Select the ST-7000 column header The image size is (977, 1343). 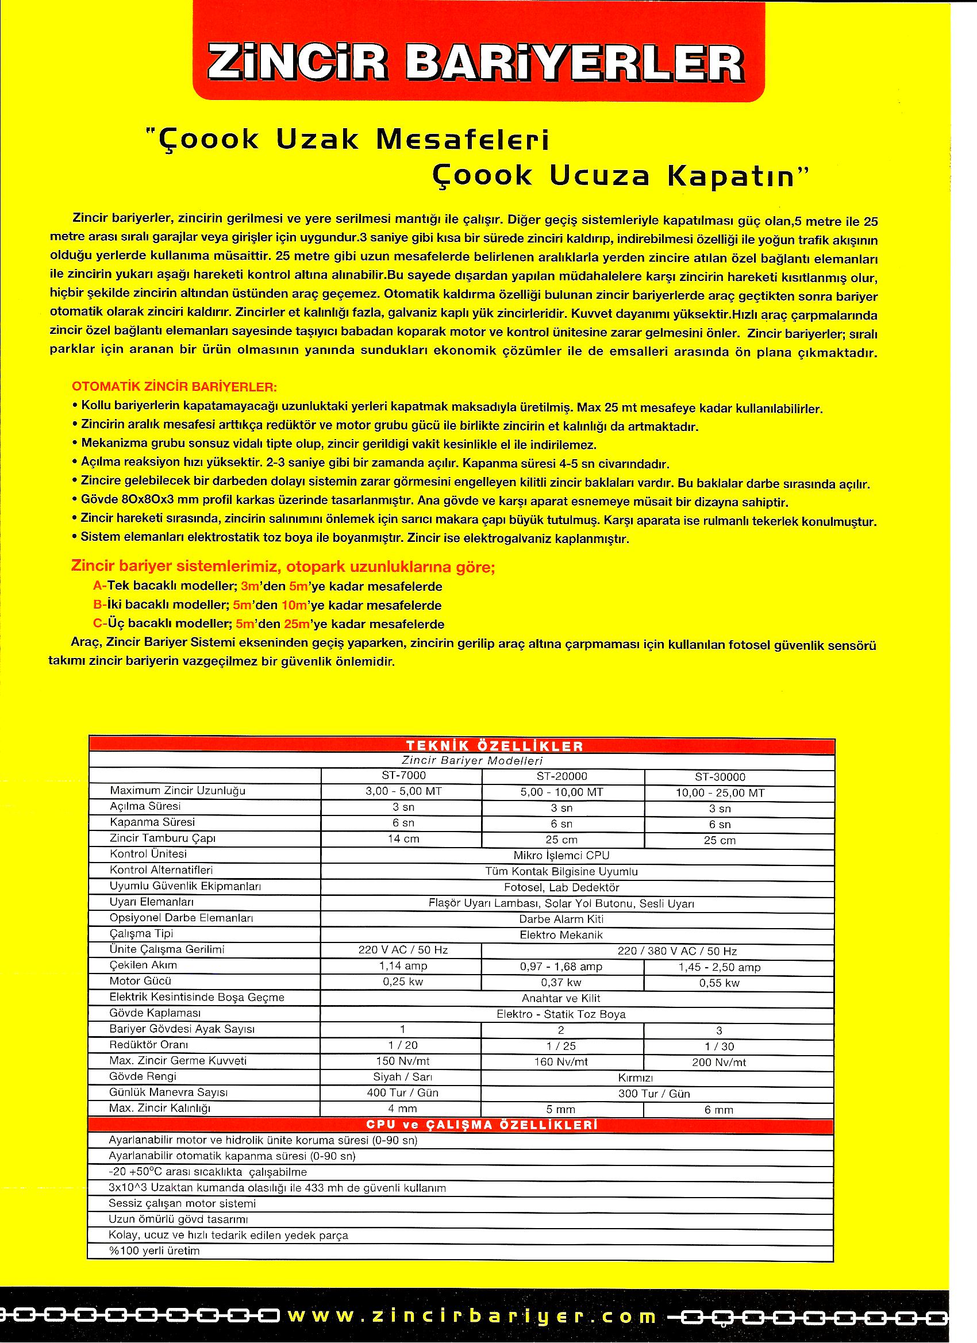[x=403, y=775]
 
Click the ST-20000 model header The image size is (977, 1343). [x=562, y=776]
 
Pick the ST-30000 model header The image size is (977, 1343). [x=720, y=777]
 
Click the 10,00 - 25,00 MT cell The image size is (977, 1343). [x=720, y=793]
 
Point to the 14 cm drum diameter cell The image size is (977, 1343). [x=403, y=839]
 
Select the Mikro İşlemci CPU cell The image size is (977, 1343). [x=561, y=855]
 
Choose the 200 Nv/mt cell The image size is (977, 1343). [x=720, y=1063]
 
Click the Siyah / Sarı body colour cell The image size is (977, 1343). [x=403, y=1077]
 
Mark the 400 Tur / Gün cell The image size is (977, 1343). [x=403, y=1093]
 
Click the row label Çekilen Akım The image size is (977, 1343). [x=143, y=965]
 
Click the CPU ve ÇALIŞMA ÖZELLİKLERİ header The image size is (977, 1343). [x=482, y=1125]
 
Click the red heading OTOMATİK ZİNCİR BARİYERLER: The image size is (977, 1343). [x=174, y=387]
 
